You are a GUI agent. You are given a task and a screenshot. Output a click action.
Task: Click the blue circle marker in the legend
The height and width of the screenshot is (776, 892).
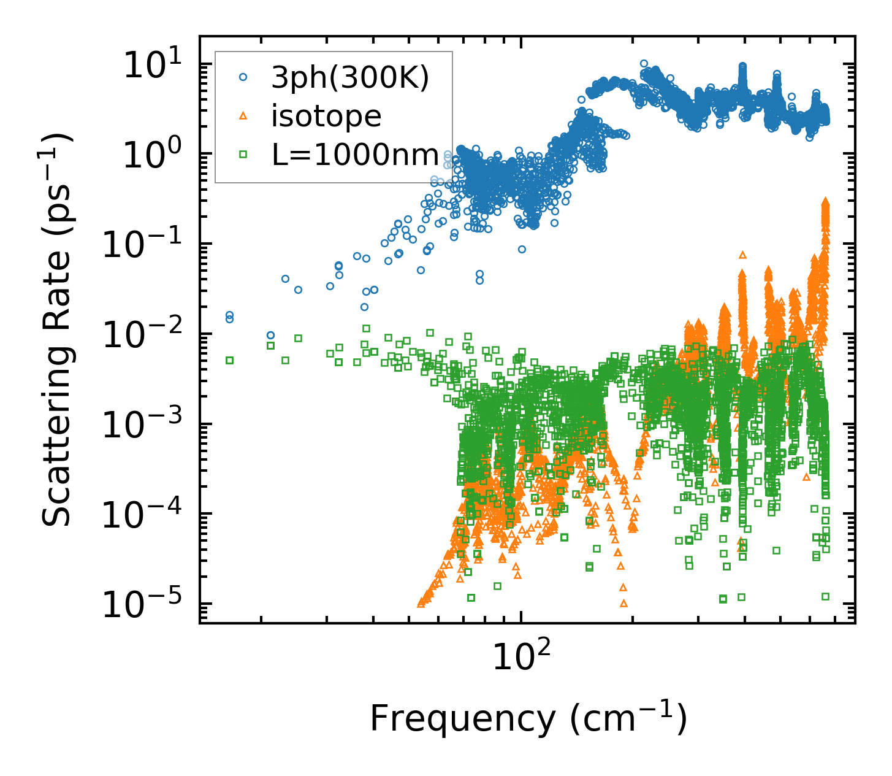(x=243, y=77)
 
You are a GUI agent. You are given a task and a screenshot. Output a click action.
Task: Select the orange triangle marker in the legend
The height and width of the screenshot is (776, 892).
(x=243, y=115)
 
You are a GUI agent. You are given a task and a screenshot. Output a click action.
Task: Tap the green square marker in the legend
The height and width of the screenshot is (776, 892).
(x=243, y=155)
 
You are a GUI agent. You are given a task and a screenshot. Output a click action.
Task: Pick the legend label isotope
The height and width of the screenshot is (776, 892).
(x=326, y=116)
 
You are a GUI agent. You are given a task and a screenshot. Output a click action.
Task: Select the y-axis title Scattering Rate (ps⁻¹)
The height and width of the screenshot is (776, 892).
(x=58, y=331)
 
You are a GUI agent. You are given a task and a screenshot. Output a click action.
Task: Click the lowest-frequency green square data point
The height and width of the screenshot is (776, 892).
(x=230, y=360)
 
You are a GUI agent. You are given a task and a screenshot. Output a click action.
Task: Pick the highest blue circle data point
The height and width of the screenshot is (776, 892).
(x=644, y=63)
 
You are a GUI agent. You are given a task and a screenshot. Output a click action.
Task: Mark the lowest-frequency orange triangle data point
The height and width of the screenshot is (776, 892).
(x=421, y=603)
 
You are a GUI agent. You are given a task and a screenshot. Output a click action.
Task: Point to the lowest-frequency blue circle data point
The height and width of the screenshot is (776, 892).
(x=230, y=315)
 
